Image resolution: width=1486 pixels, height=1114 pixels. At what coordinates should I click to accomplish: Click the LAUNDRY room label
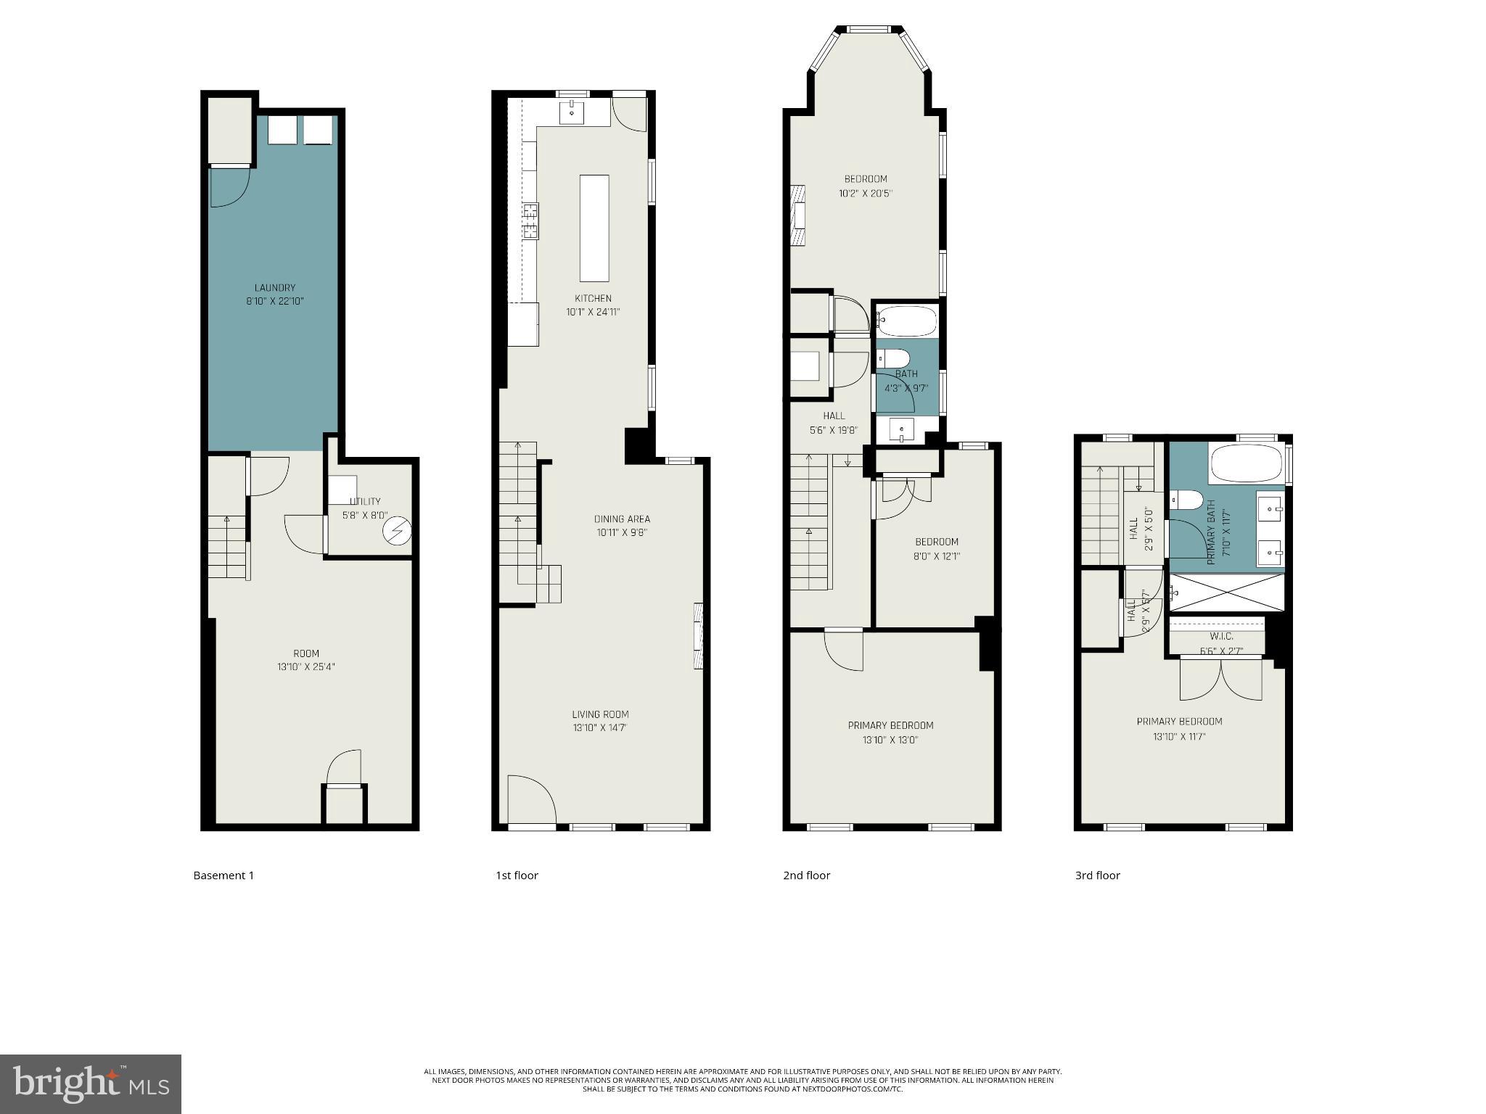(274, 288)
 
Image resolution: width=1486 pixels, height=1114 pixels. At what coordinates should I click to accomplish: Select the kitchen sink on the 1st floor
(572, 112)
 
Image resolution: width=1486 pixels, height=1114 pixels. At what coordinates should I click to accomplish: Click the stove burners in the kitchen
(530, 221)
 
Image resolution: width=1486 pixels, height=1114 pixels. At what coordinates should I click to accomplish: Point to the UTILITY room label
(365, 501)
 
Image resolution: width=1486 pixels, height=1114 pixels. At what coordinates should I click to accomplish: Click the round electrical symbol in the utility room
(397, 532)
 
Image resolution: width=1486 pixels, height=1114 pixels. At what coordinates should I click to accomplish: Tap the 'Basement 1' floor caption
(223, 875)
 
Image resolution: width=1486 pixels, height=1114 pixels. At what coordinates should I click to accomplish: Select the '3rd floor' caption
(1097, 875)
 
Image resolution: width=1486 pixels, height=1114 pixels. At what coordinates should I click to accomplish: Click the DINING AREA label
(622, 519)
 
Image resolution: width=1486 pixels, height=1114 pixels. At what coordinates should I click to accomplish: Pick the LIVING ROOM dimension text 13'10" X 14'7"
(599, 727)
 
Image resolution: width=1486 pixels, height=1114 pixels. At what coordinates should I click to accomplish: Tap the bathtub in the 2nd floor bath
(907, 319)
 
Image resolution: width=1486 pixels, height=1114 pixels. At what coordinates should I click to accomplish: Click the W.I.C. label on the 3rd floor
(1221, 636)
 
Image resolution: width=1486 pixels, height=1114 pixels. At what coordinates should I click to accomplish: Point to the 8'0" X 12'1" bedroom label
(936, 556)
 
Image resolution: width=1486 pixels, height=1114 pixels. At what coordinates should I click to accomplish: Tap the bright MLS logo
(90, 1084)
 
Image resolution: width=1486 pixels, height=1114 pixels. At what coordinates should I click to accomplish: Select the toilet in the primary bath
(1186, 500)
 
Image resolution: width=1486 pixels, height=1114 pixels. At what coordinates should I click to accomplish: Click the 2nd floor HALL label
(834, 416)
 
